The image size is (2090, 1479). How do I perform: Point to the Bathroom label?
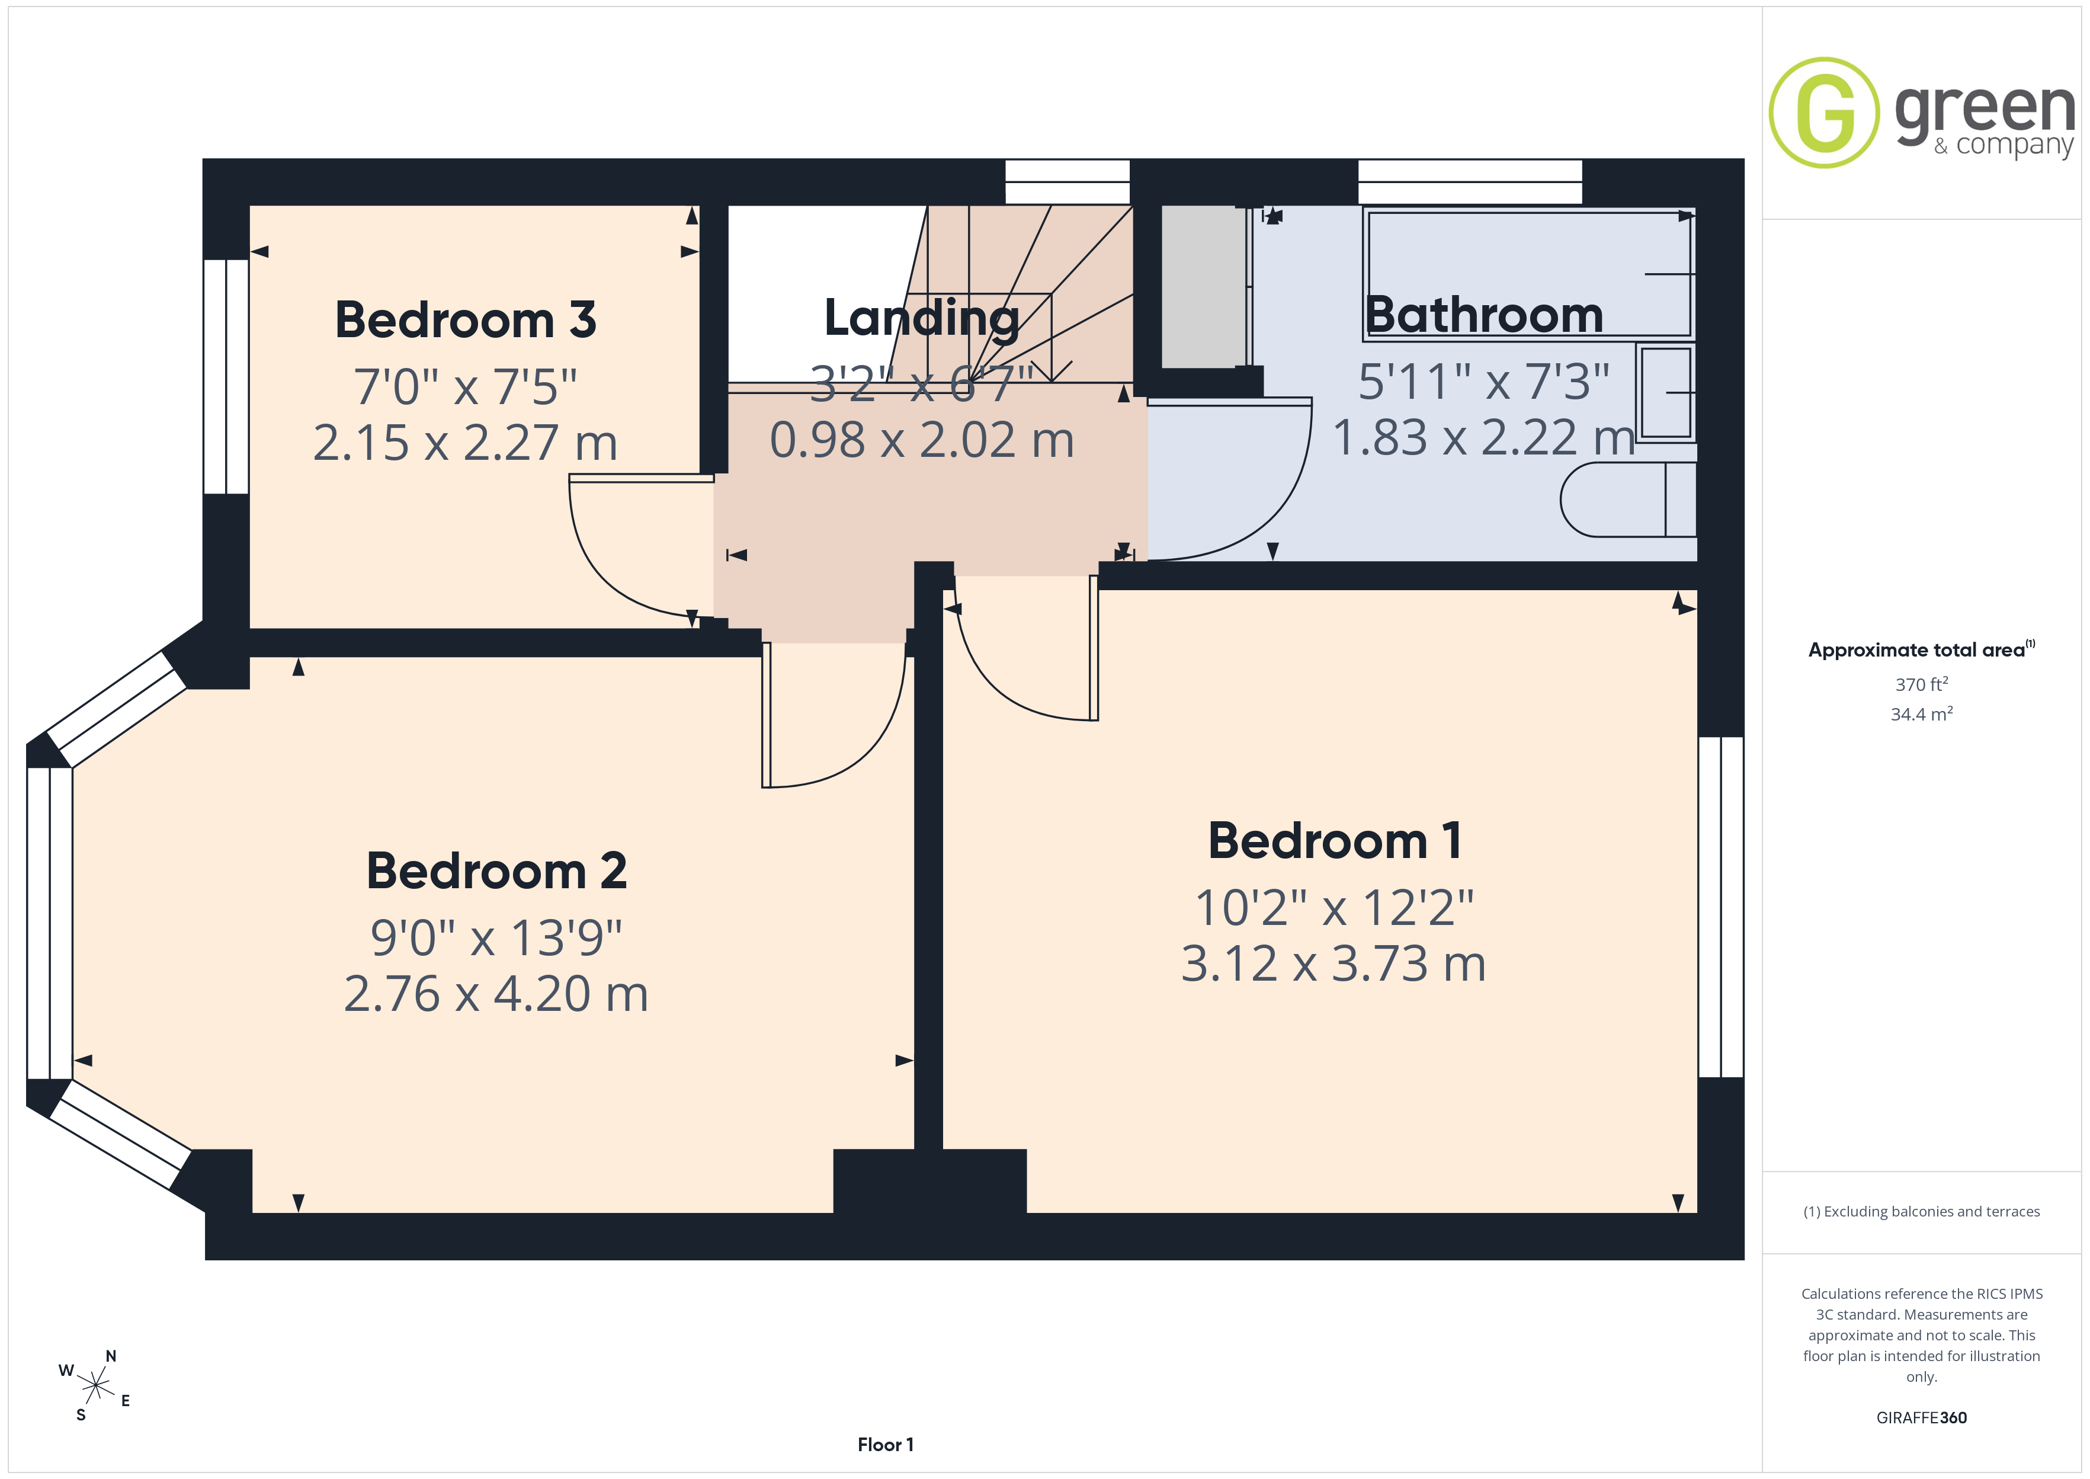pos(1484,315)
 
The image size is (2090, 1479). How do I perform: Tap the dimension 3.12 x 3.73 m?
pos(1334,963)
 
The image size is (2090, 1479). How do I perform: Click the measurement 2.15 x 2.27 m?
pos(465,443)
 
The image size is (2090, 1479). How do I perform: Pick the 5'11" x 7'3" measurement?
pos(1484,382)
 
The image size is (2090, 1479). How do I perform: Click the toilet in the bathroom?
pos(1627,499)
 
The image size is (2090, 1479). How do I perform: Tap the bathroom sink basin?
pos(1666,392)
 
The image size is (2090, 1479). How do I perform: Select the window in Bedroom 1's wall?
pos(1720,907)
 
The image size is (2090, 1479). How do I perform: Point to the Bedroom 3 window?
pos(226,377)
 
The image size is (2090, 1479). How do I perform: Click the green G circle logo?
pos(1823,113)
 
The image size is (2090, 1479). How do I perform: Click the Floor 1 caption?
pos(885,1445)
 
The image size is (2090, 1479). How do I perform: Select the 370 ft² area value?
pos(1922,684)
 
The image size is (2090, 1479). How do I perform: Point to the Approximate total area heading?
pos(1921,649)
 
